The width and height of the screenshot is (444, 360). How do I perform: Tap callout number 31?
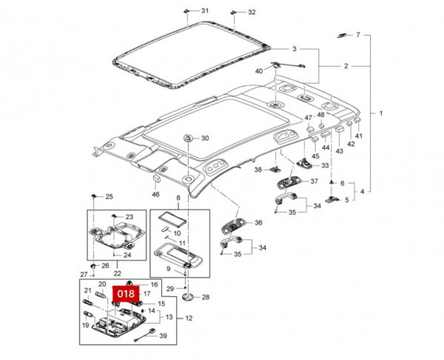[205, 11]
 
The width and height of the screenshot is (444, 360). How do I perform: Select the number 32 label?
[252, 13]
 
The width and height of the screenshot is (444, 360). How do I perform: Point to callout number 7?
[357, 35]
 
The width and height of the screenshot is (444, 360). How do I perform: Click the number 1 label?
[381, 113]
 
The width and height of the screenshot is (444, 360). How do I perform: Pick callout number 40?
[259, 71]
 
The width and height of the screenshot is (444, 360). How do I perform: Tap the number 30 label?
[205, 139]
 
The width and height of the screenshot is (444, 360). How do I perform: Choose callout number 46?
[155, 194]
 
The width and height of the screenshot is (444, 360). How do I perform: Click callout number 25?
[109, 196]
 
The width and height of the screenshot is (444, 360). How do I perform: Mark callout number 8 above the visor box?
[178, 199]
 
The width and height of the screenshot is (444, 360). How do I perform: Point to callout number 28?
[206, 297]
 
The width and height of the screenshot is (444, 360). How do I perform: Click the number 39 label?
[164, 336]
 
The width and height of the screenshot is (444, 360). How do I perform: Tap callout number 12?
[189, 319]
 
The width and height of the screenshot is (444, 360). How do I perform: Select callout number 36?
[258, 222]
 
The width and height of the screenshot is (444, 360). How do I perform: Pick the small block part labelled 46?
[157, 179]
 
